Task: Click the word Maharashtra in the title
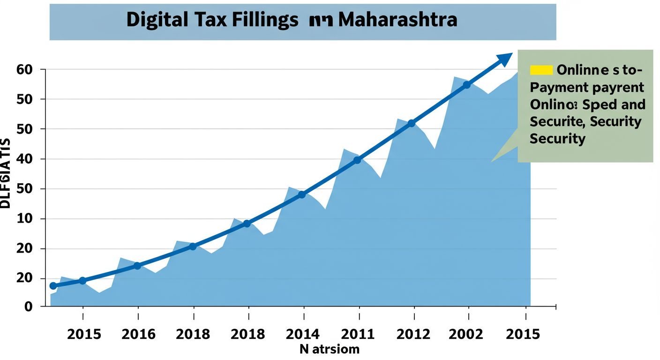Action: (x=397, y=20)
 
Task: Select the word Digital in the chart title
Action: (x=156, y=20)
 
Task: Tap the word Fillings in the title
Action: (x=266, y=20)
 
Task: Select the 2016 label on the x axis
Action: (x=138, y=334)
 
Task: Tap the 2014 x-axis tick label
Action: (x=304, y=334)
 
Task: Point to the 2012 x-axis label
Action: (x=413, y=334)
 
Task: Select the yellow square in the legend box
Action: (x=541, y=70)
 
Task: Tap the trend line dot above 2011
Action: (x=357, y=160)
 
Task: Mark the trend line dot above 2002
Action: (x=466, y=85)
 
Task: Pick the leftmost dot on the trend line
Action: (x=53, y=286)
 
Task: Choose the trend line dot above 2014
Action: (x=302, y=194)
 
